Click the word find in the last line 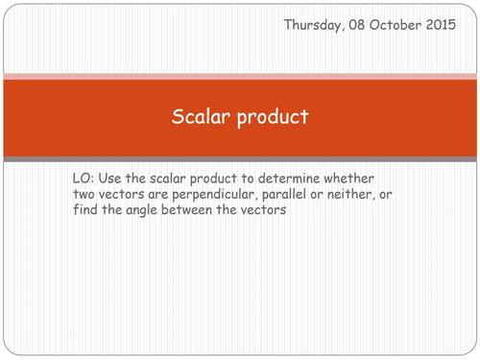85,210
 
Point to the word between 198,210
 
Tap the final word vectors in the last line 263,210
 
